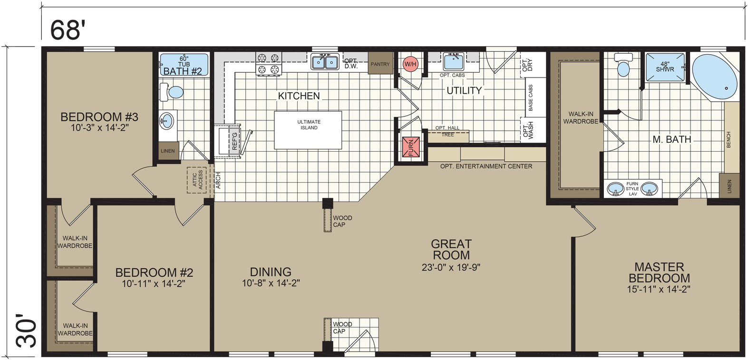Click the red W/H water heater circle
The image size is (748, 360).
tap(410, 64)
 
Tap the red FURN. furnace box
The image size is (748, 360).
tap(411, 146)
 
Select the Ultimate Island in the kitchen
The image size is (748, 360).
tap(308, 130)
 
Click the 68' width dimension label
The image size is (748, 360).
tap(66, 30)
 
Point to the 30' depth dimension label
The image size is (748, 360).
tap(26, 331)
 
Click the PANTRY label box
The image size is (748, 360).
tap(380, 63)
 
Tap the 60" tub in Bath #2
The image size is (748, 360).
tap(184, 65)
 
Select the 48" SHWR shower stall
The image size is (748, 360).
tap(665, 67)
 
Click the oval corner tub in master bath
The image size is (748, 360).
tap(715, 77)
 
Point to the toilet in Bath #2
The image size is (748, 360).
tap(171, 92)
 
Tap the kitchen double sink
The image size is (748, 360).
tap(325, 61)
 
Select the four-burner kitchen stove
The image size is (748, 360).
tap(269, 63)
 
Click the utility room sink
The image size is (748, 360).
tap(453, 61)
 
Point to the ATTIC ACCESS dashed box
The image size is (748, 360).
tap(196, 180)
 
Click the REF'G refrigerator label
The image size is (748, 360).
tap(234, 141)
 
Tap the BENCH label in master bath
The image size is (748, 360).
tap(729, 140)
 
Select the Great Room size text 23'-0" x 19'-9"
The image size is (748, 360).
tap(451, 267)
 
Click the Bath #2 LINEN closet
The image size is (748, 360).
tap(168, 151)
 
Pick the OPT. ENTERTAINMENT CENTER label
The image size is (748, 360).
tap(486, 166)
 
